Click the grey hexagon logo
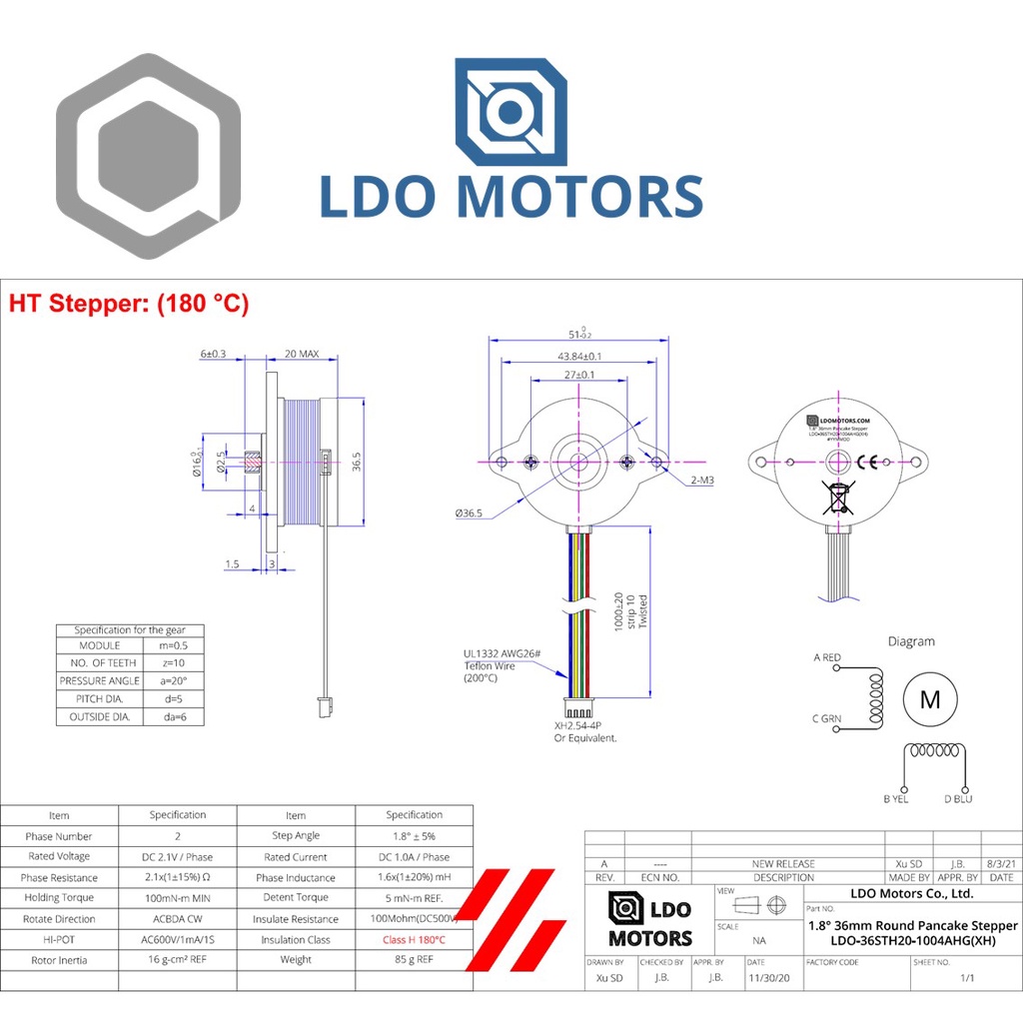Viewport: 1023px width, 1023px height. click(x=148, y=157)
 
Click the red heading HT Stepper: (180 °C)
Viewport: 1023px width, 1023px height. click(x=128, y=304)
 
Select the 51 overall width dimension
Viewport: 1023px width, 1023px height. click(x=578, y=335)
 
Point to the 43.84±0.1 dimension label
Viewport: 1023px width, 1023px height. click(x=578, y=356)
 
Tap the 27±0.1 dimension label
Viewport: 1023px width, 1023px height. click(x=578, y=375)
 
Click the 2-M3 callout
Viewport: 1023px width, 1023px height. click(x=701, y=480)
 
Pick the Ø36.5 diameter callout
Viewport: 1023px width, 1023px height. click(x=469, y=512)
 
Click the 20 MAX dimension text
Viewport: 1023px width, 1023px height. click(x=302, y=354)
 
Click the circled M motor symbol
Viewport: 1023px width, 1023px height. click(x=929, y=699)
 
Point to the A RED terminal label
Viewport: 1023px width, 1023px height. click(x=827, y=657)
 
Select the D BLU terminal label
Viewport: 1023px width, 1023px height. click(x=957, y=798)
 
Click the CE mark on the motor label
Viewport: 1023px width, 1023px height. click(x=868, y=461)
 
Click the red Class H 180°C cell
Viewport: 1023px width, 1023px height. click(x=414, y=940)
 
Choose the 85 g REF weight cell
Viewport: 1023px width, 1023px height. click(x=414, y=960)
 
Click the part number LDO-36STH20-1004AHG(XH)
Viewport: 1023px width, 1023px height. click(x=912, y=940)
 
